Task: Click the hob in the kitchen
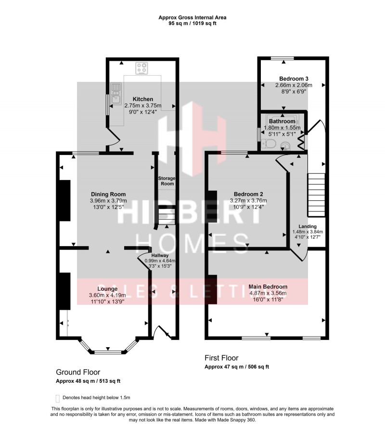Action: (141, 69)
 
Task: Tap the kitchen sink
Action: (116, 94)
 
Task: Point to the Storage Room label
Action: (167, 181)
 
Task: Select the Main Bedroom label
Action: (268, 287)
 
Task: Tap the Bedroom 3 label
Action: (294, 78)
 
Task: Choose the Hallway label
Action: (159, 255)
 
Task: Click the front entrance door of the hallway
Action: (163, 332)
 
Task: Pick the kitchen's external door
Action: (114, 141)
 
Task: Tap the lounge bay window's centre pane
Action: (108, 352)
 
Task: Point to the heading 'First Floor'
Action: (221, 358)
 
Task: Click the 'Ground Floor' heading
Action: (78, 372)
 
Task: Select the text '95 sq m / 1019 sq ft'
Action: (192, 23)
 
